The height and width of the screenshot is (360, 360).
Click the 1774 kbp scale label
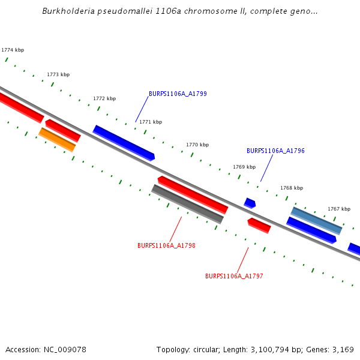click(13, 50)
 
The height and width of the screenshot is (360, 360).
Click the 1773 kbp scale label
click(58, 74)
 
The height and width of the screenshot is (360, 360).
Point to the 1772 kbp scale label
click(104, 98)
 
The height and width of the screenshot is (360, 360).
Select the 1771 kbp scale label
click(151, 122)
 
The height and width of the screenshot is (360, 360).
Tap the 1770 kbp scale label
click(197, 145)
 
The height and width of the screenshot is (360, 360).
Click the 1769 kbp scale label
click(244, 167)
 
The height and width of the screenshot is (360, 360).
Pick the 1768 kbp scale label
click(292, 188)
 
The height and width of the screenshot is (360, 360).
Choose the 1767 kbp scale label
click(339, 209)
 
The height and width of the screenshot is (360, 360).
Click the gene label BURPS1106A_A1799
click(178, 94)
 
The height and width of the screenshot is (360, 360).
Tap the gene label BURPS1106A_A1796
click(275, 151)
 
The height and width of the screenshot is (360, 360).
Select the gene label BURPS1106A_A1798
click(166, 245)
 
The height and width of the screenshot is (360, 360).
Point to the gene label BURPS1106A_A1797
click(234, 276)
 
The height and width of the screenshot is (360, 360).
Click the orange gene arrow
click(57, 139)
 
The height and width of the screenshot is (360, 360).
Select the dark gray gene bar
click(187, 204)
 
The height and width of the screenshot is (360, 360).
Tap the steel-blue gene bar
click(316, 221)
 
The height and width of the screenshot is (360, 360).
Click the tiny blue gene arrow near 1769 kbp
click(250, 203)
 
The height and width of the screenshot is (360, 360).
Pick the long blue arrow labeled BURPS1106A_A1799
click(124, 143)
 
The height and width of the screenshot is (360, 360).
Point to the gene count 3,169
click(343, 349)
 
